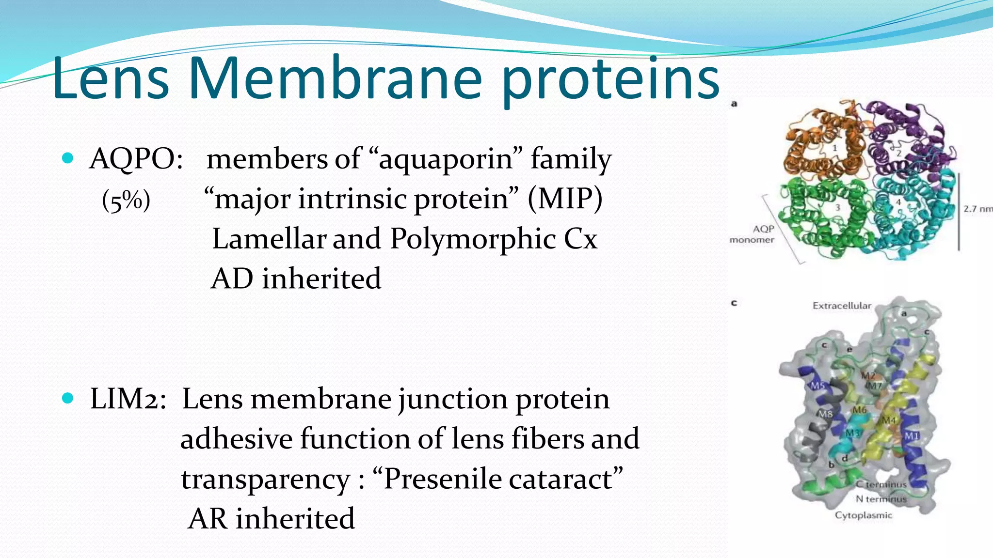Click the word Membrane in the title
[336, 79]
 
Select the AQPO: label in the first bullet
[136, 159]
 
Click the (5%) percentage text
[126, 200]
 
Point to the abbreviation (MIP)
[565, 199]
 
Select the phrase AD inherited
[296, 279]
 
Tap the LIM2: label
[128, 400]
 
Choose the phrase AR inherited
[272, 519]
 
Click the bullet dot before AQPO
[68, 158]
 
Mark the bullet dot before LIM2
[68, 399]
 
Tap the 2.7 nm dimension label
[977, 209]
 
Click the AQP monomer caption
[753, 234]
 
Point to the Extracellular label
[842, 306]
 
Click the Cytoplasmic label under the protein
[863, 515]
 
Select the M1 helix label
[912, 436]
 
